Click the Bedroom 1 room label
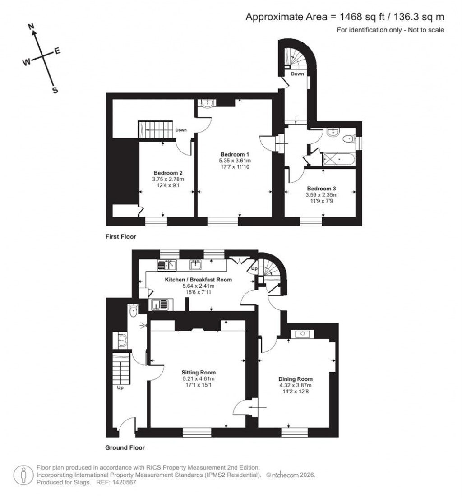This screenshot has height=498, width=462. click(234, 153)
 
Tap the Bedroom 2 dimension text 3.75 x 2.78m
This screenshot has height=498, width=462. click(168, 179)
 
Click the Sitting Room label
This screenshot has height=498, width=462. click(199, 373)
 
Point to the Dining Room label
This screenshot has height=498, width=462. click(296, 379)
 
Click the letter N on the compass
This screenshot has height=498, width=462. click(32, 27)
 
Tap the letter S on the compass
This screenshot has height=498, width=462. click(55, 90)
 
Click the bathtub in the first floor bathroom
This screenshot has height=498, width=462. click(339, 159)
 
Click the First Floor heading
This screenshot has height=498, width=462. click(120, 236)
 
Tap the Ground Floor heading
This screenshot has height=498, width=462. click(125, 448)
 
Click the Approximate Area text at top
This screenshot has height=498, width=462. click(345, 17)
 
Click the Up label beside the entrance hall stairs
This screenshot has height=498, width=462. click(120, 387)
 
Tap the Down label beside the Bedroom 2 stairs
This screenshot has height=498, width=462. click(181, 130)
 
